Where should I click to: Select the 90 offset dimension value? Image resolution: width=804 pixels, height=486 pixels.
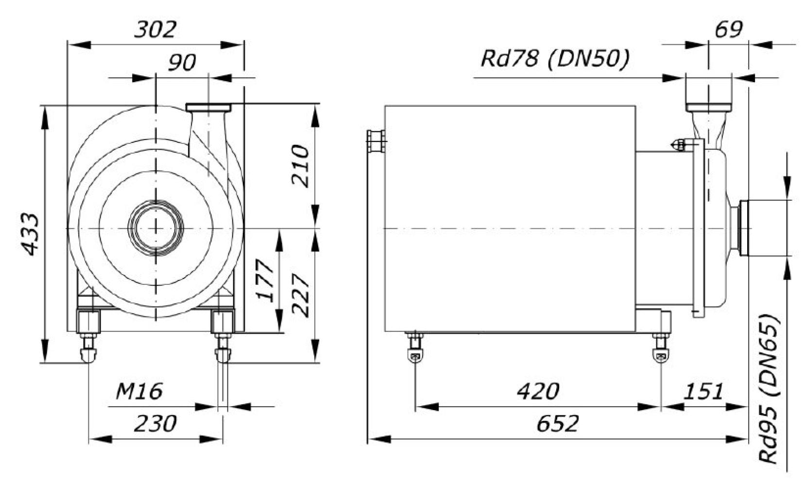coord(182,62)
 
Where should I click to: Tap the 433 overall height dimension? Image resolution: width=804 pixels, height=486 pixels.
coord(30,234)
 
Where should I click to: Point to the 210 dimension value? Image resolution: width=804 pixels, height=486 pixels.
coord(300,166)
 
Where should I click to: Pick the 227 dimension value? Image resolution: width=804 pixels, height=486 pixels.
coord(300,295)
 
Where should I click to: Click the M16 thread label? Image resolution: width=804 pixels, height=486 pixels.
coord(139,390)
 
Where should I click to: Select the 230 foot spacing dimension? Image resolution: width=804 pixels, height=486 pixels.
coord(155,423)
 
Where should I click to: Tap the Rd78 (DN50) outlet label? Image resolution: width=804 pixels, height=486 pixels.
coord(555,59)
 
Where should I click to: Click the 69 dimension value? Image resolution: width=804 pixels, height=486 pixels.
coord(728,30)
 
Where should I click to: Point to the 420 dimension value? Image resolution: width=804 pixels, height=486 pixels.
coord(538,390)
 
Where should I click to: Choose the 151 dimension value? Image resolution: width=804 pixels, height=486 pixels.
coord(703,390)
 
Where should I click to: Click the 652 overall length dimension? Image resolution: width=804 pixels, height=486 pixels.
coord(558,423)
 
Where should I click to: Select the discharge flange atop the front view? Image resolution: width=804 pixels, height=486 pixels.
coord(208,107)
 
